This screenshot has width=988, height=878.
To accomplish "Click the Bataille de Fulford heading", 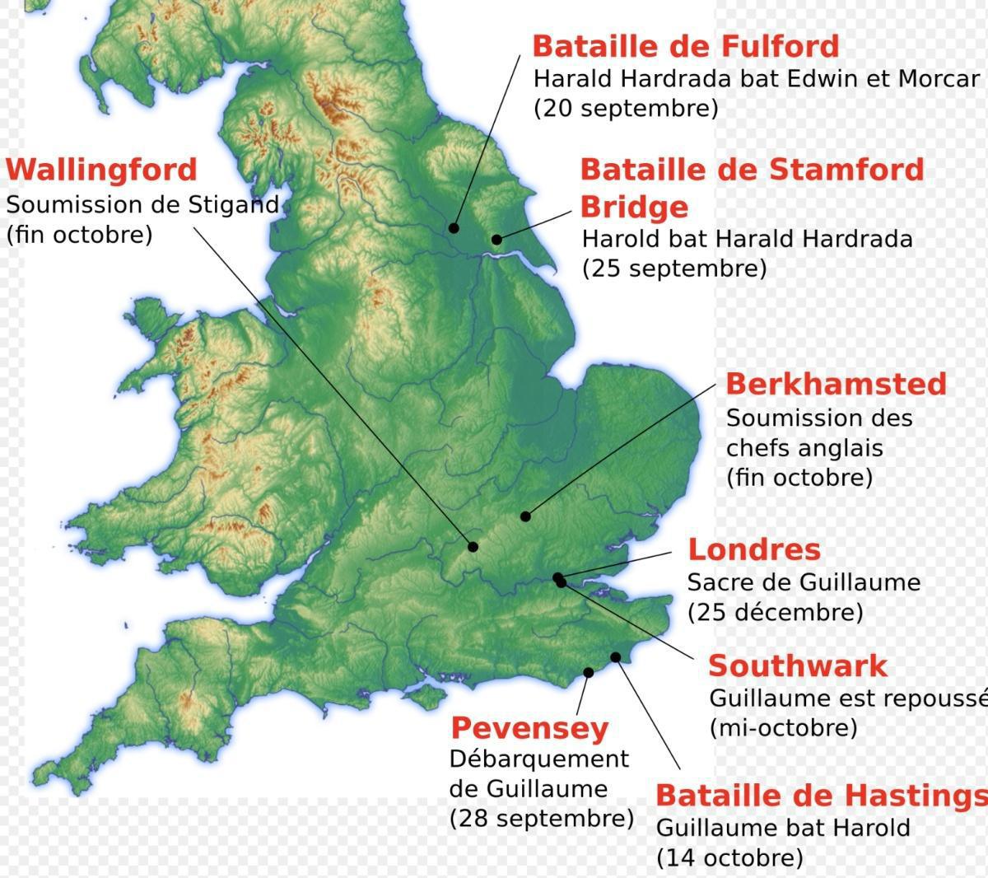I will coord(685,46).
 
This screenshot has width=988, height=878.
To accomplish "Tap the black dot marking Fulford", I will coord(454,228).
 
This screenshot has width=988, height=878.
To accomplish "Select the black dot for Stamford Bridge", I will coord(496,240).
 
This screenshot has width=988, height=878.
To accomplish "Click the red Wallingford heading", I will coord(101,170).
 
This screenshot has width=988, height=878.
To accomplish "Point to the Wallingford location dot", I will coord(473,546).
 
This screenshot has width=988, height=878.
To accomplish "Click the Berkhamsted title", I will coord(836,384).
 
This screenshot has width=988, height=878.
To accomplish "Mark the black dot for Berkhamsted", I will coord(525,516).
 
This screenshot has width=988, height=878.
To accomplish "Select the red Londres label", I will coord(754,549).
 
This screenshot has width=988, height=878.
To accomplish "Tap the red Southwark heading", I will coord(798,666).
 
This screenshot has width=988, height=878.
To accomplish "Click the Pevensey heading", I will coord(529,728).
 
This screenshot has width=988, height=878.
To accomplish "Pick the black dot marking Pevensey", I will coord(589,672).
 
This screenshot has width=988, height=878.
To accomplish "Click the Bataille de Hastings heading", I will coord(820,796).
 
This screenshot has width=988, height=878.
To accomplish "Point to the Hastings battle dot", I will coord(616,656).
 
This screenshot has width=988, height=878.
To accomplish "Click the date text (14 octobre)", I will coord(729,857).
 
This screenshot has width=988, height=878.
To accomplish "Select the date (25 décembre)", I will coord(775,612).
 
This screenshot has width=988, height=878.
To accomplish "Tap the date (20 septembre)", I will coord(626,108).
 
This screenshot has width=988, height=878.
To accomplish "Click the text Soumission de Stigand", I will coord(142,204).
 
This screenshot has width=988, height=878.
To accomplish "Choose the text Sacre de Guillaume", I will coord(804,582).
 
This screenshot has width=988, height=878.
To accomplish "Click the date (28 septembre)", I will coord(541,819).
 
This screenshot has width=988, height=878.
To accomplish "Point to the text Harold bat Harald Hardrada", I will coord(747,239).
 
